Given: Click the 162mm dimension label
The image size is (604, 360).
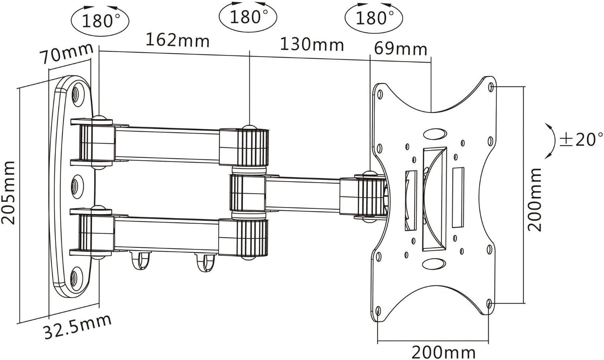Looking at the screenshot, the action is coord(178,41).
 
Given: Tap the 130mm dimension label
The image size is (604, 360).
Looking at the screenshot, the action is coord(312,44).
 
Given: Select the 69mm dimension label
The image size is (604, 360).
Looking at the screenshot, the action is coord(401,49).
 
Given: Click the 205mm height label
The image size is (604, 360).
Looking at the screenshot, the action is coord(8,193).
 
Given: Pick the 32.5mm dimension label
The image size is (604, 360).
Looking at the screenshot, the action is coord(77,327).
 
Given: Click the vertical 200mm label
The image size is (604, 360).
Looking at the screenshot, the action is coord(535,200).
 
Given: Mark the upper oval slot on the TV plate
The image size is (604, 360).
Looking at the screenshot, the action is coord(435,134).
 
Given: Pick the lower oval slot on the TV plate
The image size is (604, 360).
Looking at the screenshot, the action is coord(434,263).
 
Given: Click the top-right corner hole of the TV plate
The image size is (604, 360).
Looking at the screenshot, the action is coord(491,87).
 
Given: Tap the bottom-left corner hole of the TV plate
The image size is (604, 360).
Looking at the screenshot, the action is coord(378,311).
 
